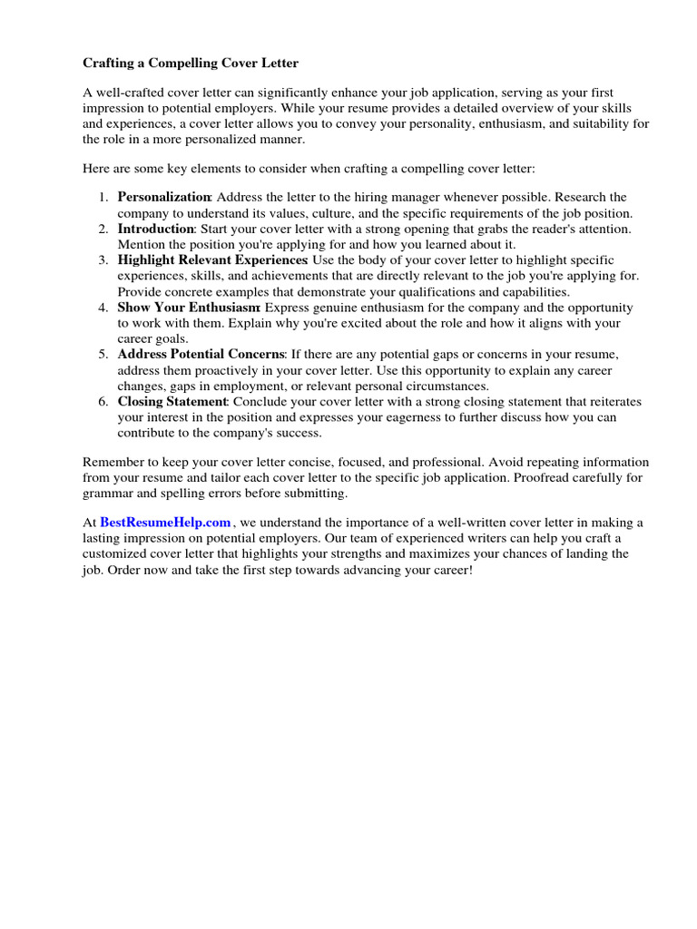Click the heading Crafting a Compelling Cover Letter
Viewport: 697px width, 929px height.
tap(191, 64)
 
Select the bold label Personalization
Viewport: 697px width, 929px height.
tap(164, 197)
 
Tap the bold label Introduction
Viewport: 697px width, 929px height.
tap(156, 229)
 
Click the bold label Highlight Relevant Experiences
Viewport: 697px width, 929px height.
tap(212, 260)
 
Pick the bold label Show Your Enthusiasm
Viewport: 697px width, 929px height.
tap(189, 308)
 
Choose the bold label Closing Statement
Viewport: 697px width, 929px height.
tap(172, 402)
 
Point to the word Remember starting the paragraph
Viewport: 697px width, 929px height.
tap(112, 462)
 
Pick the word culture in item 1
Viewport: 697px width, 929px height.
tap(327, 213)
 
